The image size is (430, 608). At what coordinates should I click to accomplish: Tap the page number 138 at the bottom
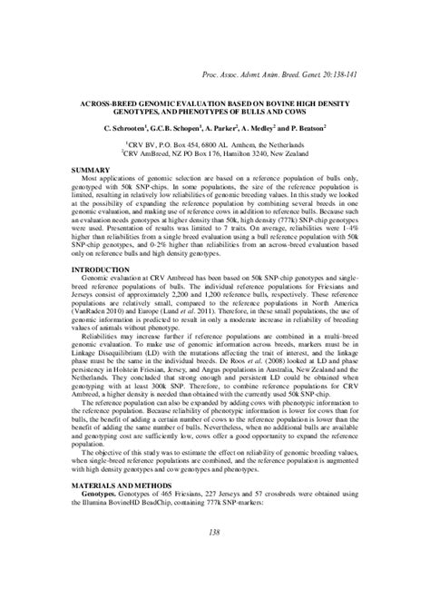(215, 533)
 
